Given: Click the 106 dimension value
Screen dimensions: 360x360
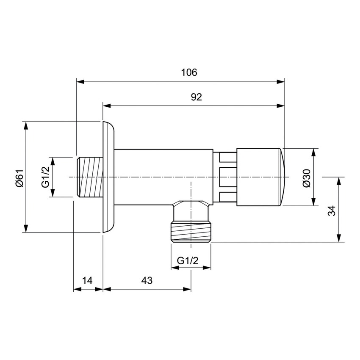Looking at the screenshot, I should [x=189, y=72].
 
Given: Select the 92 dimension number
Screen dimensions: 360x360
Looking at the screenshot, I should [x=196, y=97].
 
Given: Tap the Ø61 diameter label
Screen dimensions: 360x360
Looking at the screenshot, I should [x=18, y=177].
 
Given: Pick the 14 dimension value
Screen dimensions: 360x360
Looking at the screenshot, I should [x=87, y=280].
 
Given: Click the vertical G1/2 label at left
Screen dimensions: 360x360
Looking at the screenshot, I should [x=45, y=177].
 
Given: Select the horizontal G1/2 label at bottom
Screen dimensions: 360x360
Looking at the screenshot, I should [x=188, y=260].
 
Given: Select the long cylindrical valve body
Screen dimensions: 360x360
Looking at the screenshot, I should [x=163, y=177].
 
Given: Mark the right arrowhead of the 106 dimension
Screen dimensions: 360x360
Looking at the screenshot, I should [x=281, y=81].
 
